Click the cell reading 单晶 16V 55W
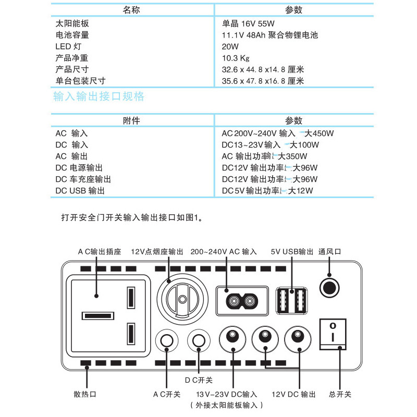[x=248, y=24]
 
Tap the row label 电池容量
[x=72, y=35]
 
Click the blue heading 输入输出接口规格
[x=99, y=97]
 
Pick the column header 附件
[x=131, y=121]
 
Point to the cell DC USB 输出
[x=80, y=191]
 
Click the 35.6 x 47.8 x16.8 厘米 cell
[x=263, y=81]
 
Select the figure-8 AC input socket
[x=241, y=301]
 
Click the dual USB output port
[x=292, y=300]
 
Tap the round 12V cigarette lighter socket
[x=182, y=299]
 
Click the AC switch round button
[x=167, y=340]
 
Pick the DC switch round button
[x=199, y=340]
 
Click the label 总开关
[x=341, y=395]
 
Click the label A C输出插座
[x=100, y=251]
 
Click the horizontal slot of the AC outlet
[x=97, y=316]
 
